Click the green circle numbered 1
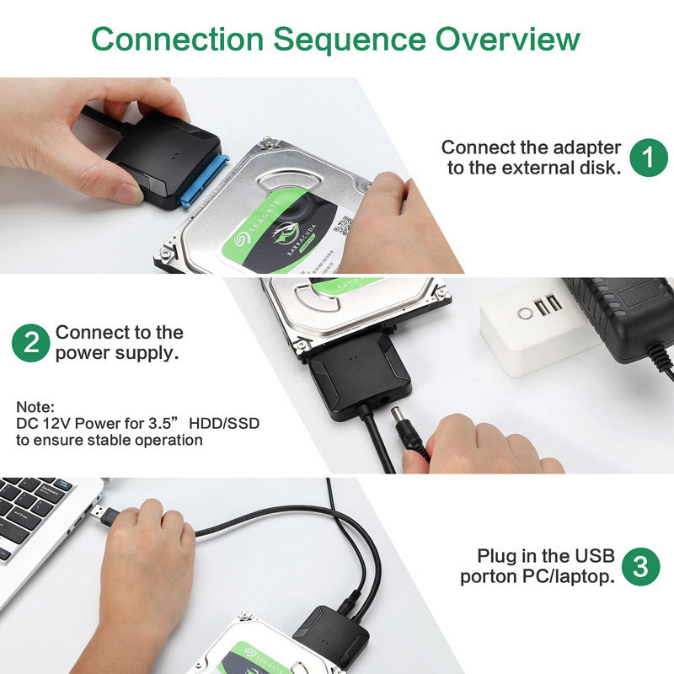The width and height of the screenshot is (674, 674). tap(648, 158)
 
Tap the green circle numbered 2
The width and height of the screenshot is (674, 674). tap(30, 344)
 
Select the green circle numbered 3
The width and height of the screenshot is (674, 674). tap(640, 566)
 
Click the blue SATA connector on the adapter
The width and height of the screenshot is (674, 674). tap(205, 182)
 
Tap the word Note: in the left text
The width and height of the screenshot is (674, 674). tap(35, 406)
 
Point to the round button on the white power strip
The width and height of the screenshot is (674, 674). tap(526, 313)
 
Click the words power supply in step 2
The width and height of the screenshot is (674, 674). tap(117, 353)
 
